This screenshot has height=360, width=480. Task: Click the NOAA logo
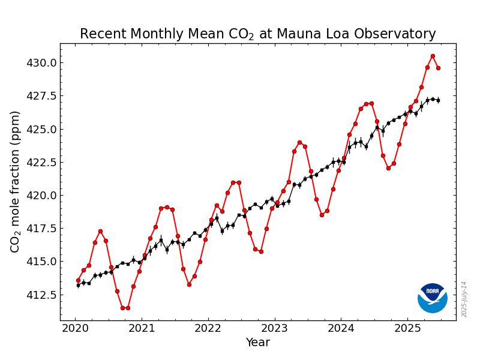(433, 298)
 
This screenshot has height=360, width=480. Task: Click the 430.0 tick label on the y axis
(41, 63)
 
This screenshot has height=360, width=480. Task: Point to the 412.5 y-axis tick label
(41, 295)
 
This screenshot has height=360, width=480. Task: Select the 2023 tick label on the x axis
(275, 328)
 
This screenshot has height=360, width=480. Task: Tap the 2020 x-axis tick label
(76, 328)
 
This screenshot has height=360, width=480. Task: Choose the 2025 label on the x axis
(407, 328)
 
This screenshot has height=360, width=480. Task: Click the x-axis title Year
(258, 343)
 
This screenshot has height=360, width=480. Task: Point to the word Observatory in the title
(398, 34)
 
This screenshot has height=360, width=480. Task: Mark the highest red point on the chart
(433, 56)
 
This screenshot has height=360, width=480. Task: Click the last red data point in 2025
(438, 68)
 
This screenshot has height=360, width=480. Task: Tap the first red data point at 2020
(78, 280)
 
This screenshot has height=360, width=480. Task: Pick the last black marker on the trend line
(438, 100)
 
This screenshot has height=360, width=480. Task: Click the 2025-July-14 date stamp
(464, 299)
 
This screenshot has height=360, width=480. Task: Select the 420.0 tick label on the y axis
(41, 196)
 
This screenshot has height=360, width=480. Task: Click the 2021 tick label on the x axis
(142, 328)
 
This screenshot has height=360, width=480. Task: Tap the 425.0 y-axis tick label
(41, 129)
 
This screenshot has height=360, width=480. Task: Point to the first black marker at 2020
(78, 285)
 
